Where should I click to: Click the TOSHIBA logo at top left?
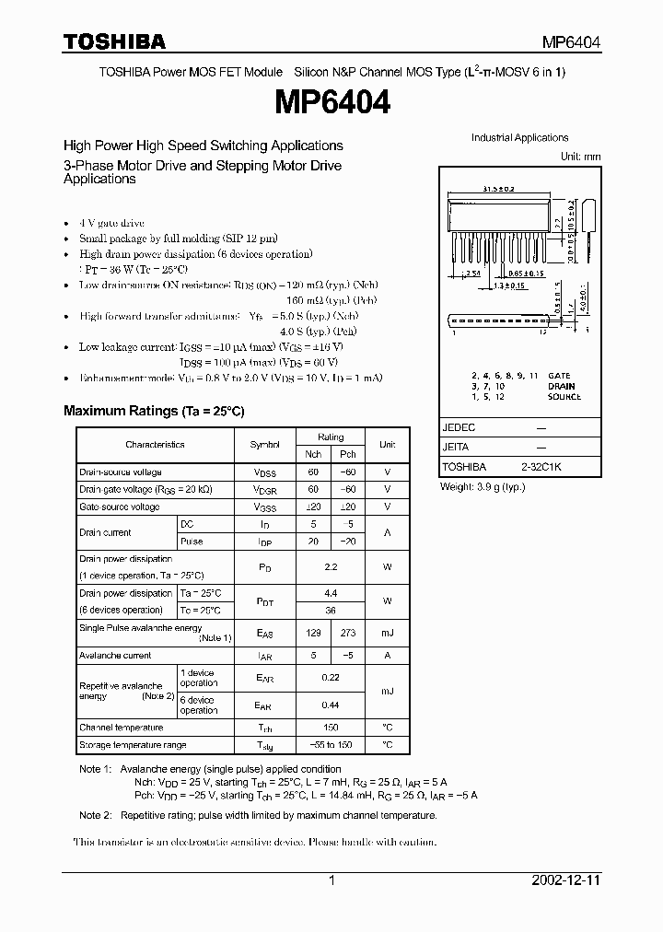point(114,41)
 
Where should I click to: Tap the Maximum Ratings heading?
point(154,411)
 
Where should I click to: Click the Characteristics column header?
point(155,444)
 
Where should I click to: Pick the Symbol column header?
point(264,444)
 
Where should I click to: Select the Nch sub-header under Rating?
point(313,454)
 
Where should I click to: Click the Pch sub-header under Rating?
point(348,454)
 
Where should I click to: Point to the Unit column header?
point(387,444)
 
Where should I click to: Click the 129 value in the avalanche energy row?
point(313,633)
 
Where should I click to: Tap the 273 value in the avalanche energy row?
point(348,633)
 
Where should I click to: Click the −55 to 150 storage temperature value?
point(331,744)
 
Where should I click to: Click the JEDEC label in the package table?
point(459,428)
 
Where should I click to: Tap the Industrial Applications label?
point(519,138)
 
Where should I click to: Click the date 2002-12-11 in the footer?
point(566,880)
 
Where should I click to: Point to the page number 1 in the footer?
point(331,880)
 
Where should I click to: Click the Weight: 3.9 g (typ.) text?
point(486,485)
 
